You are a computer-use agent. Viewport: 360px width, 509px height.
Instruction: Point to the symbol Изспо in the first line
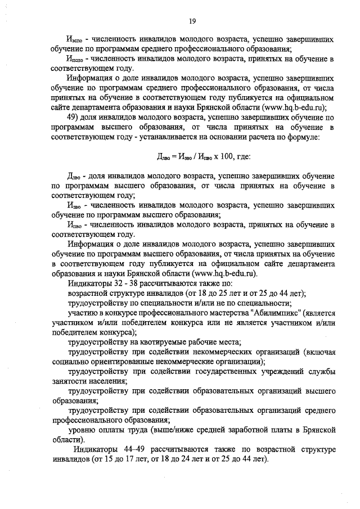pos(74,41)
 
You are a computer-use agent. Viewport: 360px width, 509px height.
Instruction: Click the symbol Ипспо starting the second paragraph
pos(74,60)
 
